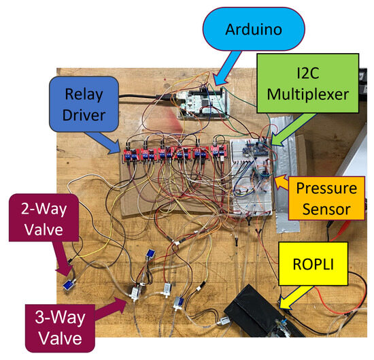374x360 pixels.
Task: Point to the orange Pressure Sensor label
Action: (324, 199)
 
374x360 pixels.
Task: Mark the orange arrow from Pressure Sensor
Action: (280, 182)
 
